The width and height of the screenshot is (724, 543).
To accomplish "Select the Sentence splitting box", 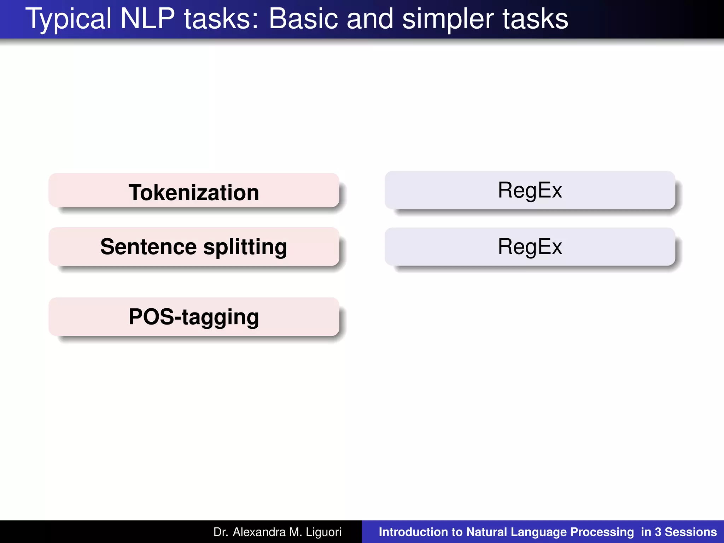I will [x=194, y=247].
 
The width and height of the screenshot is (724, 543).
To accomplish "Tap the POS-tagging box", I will [x=194, y=317].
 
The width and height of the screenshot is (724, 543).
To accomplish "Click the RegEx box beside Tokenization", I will [x=530, y=190].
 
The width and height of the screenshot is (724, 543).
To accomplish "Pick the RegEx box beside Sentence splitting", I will [x=530, y=247].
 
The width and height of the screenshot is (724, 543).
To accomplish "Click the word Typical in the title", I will [x=68, y=19].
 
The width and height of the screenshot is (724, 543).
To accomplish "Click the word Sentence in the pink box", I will [x=148, y=247].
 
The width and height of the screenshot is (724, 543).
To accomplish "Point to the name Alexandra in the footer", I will [x=259, y=532].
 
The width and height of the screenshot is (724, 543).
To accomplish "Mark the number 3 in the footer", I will [x=658, y=532].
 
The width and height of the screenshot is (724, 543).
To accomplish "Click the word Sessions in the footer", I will [x=691, y=532].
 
